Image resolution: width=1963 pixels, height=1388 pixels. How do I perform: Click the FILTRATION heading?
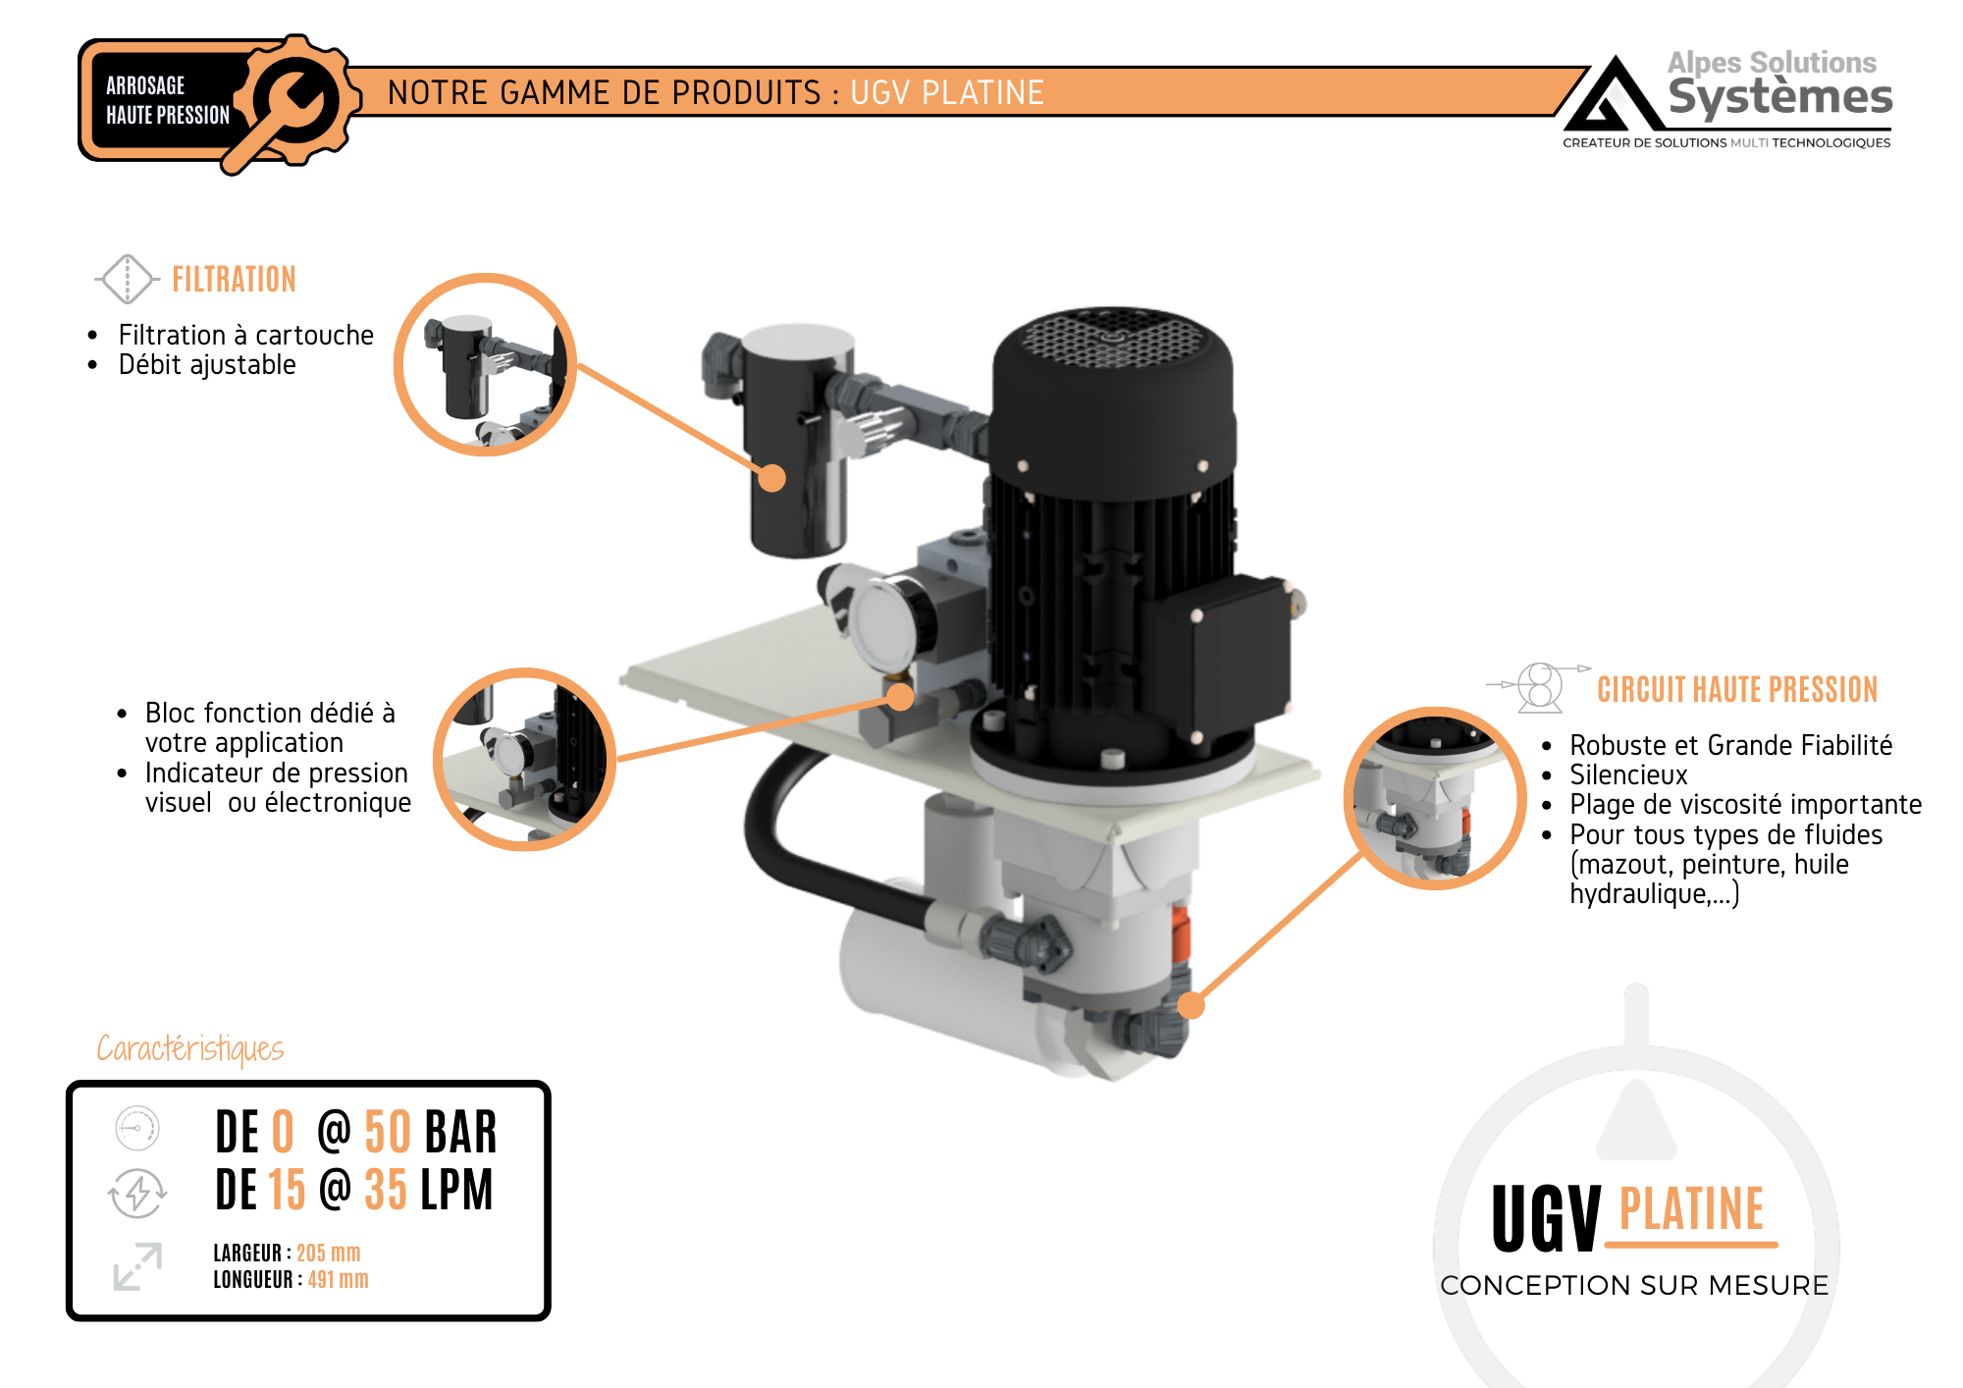(x=234, y=280)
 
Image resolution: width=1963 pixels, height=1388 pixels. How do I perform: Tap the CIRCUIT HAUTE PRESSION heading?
(x=1736, y=689)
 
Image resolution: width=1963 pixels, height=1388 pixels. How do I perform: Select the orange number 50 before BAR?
(x=388, y=1132)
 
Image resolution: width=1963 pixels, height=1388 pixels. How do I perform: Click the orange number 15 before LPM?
(x=287, y=1190)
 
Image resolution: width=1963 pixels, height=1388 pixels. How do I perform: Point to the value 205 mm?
(x=328, y=1254)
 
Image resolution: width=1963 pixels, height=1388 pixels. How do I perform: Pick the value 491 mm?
(x=338, y=1280)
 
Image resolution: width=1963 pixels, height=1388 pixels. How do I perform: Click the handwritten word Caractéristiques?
(x=190, y=1048)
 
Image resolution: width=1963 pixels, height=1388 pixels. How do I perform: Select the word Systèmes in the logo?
(x=1779, y=97)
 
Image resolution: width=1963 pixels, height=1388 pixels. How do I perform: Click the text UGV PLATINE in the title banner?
(x=946, y=93)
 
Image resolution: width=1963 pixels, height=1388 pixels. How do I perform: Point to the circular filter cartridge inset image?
(x=485, y=365)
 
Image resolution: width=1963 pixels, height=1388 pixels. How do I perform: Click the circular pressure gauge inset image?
(x=524, y=759)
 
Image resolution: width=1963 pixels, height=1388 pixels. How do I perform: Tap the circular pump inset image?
(x=1434, y=798)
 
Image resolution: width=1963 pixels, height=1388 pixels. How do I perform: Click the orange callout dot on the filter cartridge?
(x=772, y=478)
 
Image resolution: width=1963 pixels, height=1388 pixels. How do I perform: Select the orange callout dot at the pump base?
(x=1191, y=1005)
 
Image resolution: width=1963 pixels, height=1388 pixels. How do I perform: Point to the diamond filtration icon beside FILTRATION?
(x=128, y=279)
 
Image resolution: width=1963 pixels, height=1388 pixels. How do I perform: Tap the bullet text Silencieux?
(x=1628, y=775)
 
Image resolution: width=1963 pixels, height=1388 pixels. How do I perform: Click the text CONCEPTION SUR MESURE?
(x=1634, y=1285)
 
